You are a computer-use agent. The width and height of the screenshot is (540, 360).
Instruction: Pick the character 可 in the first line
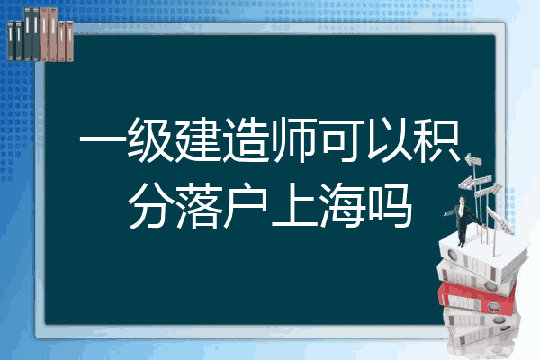(341, 139)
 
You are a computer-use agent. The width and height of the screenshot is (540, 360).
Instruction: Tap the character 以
(389, 139)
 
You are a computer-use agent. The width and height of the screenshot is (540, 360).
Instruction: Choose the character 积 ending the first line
(436, 139)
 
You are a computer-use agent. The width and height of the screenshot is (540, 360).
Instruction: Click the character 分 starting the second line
(151, 206)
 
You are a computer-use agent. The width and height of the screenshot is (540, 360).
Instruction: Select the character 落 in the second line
(199, 206)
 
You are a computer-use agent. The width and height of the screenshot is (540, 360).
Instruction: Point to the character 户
(247, 206)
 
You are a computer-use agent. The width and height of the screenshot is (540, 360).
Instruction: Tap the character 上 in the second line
(294, 206)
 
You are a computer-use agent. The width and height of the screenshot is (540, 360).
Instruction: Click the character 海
(342, 206)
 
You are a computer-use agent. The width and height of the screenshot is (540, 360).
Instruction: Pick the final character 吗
(390, 206)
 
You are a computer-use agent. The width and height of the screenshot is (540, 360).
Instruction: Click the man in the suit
(463, 220)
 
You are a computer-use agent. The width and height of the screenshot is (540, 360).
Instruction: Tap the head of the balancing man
(463, 200)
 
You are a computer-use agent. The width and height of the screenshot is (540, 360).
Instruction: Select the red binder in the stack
(477, 297)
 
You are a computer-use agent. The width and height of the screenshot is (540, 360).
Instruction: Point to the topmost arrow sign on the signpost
(473, 160)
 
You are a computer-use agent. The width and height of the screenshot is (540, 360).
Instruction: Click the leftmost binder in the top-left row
(11, 40)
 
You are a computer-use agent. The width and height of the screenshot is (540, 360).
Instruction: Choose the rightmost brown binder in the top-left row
(70, 41)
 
